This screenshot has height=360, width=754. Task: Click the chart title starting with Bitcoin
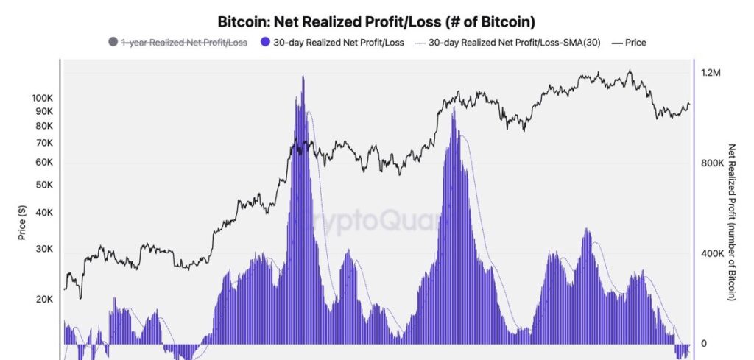[x=376, y=21]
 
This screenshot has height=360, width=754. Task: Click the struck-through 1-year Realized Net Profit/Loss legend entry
[x=183, y=43]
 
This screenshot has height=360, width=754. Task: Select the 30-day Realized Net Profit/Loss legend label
[x=339, y=43]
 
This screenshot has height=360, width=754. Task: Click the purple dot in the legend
[x=266, y=43]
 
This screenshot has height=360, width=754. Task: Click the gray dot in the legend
[x=113, y=43]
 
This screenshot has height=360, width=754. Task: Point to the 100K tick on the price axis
[x=43, y=98]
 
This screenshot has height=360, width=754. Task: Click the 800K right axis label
[x=714, y=163]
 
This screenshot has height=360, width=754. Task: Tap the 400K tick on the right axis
[x=714, y=254]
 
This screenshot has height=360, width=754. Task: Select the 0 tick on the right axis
[x=704, y=344]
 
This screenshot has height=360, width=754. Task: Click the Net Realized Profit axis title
[x=731, y=222]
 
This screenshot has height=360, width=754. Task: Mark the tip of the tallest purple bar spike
[x=303, y=76]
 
